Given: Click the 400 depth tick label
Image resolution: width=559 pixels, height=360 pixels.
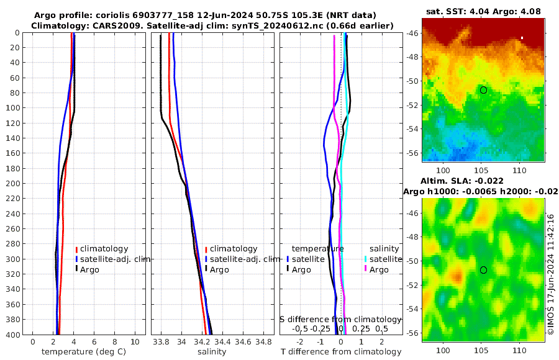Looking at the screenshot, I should click(12, 335).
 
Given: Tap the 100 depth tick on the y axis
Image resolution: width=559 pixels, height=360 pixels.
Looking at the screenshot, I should click(12, 108).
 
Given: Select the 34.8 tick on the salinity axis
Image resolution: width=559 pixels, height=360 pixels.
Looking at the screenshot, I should click(264, 341).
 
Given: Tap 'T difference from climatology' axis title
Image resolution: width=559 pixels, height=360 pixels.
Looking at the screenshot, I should click(340, 352).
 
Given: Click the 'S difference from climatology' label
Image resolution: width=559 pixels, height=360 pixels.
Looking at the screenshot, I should click(340, 319).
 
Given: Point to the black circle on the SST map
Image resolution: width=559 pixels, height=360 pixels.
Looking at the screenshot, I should click(483, 90).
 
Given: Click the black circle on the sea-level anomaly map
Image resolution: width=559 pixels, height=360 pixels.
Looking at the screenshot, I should click(483, 270).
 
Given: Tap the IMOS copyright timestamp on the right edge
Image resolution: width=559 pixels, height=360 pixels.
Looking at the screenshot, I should click(550, 275).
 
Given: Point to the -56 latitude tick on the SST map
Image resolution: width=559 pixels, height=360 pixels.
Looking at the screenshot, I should click(412, 153).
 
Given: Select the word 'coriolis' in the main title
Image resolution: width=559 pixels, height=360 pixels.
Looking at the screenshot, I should click(112, 15).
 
